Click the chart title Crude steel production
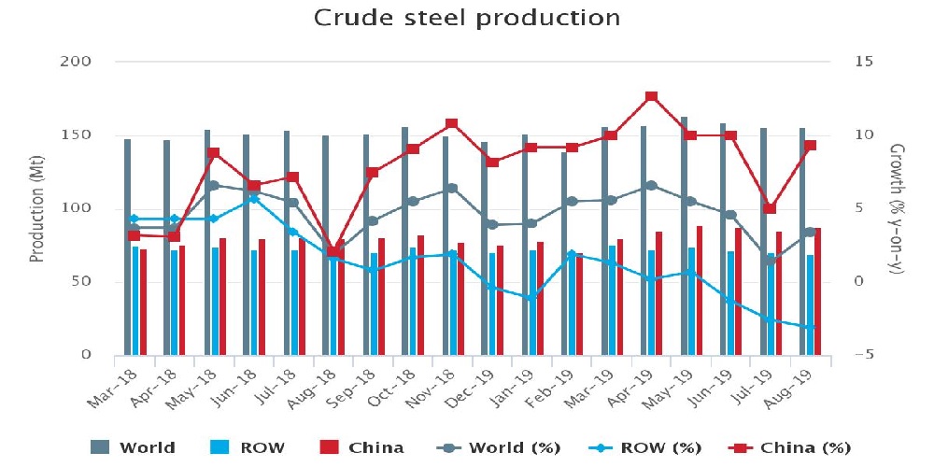[x=467, y=18]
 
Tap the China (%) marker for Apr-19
[x=652, y=96]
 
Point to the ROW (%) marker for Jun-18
[x=253, y=198]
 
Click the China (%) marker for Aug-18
[x=333, y=252]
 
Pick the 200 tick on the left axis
[x=85, y=62]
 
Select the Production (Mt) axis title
[x=37, y=208]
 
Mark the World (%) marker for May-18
[x=214, y=185]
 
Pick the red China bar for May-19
[x=699, y=290]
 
